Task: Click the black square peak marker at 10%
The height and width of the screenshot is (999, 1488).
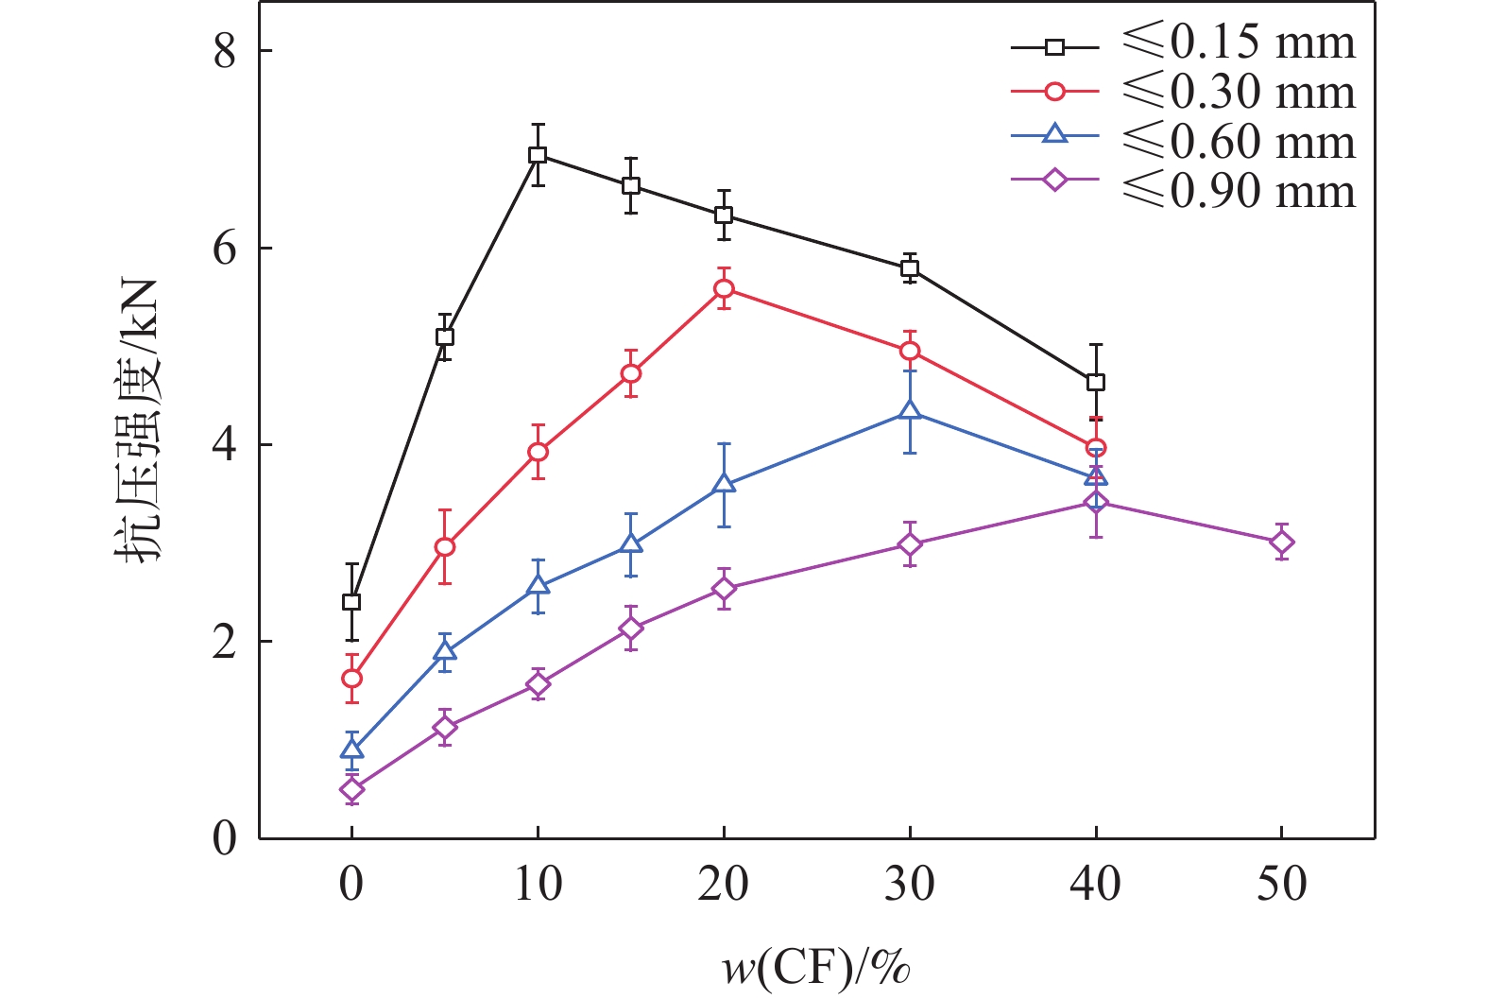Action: (x=538, y=155)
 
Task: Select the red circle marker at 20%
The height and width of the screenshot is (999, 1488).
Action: (x=724, y=288)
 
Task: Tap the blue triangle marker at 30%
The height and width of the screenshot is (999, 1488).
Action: (x=910, y=411)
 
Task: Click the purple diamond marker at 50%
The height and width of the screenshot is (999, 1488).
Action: (x=1282, y=543)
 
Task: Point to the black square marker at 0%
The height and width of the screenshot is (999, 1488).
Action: (x=351, y=602)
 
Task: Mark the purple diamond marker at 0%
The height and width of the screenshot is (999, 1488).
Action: (x=351, y=789)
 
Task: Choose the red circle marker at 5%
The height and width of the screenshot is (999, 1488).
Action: (x=445, y=546)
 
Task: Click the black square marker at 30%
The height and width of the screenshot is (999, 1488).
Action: (x=910, y=268)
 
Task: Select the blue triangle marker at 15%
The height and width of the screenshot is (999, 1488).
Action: (x=631, y=544)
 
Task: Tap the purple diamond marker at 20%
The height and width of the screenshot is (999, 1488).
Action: (x=724, y=589)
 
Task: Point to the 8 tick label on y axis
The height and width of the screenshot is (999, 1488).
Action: (x=225, y=51)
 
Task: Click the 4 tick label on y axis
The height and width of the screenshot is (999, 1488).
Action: (x=225, y=445)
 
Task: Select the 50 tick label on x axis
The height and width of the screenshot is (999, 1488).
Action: (x=1282, y=885)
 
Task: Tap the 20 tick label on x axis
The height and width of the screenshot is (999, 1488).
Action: (x=724, y=885)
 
